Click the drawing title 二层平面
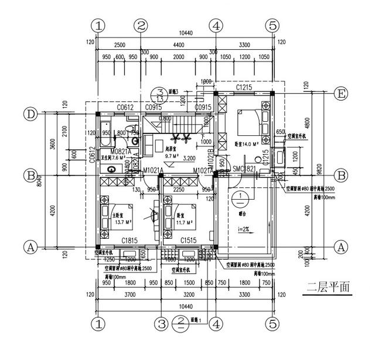[328, 287]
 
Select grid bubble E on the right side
[339, 94]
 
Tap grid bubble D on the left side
[32, 113]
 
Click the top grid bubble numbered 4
[216, 26]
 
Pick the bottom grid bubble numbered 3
[161, 323]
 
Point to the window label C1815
[129, 240]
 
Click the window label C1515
[188, 240]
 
